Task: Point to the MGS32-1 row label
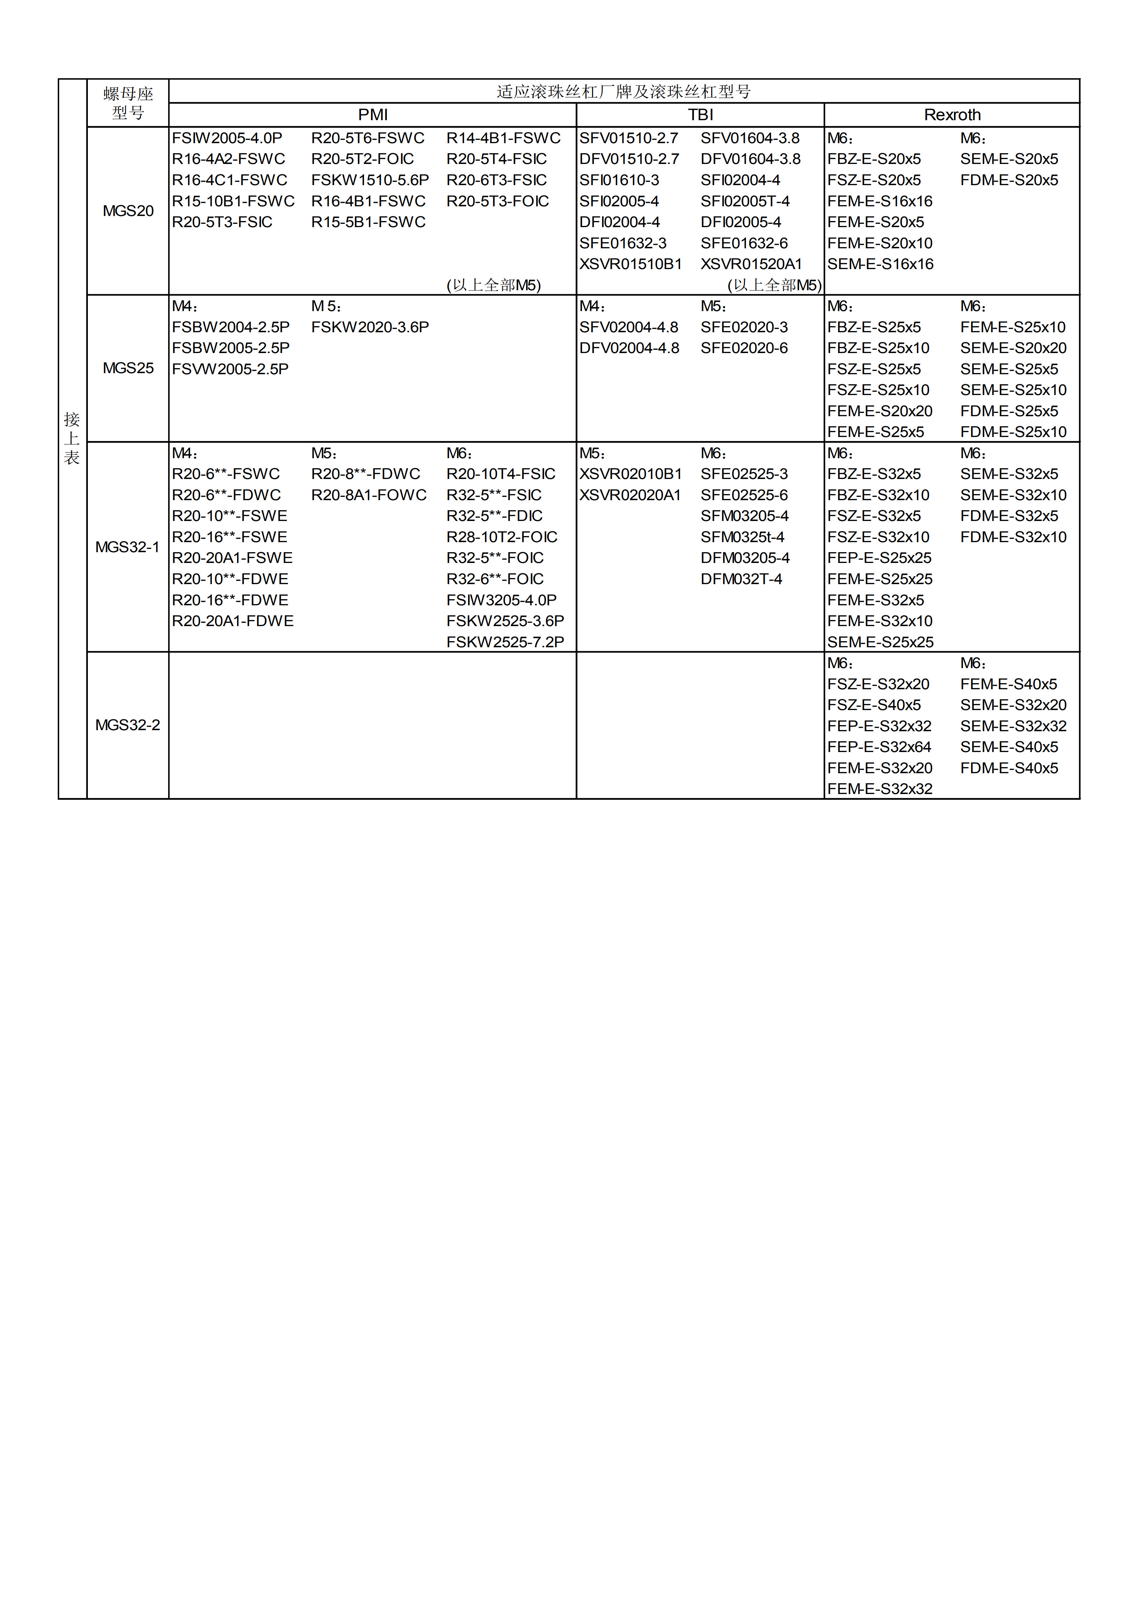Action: point(128,547)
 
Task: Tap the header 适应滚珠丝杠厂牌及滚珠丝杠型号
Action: point(624,92)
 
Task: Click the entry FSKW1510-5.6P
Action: point(370,180)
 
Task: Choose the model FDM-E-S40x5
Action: point(1008,768)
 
